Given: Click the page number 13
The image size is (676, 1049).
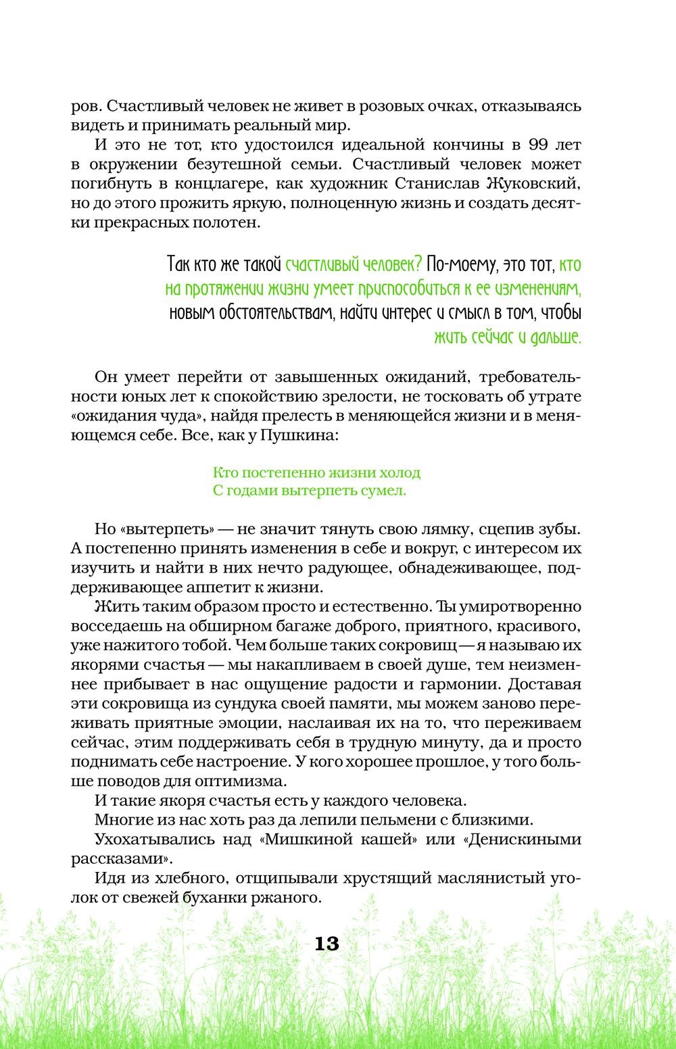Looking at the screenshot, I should click(327, 944).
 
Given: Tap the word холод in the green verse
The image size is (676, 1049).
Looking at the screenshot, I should click(397, 472).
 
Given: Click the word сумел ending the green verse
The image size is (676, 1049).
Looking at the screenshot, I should click(383, 491).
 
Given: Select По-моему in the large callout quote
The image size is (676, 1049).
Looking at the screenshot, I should click(460, 264).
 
